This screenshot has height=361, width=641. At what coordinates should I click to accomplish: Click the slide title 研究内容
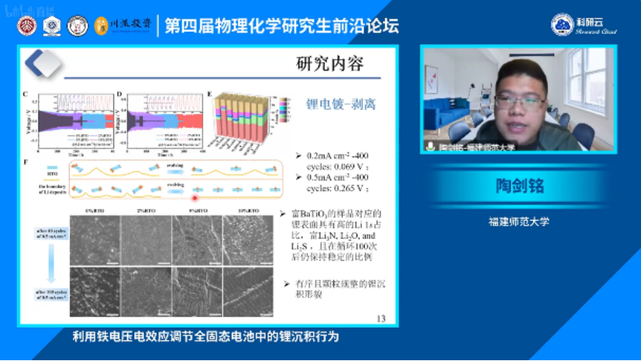(x=329, y=64)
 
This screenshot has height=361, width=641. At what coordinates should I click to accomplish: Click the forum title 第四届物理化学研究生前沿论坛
(x=282, y=26)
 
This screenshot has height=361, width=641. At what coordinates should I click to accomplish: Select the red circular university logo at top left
(x=27, y=26)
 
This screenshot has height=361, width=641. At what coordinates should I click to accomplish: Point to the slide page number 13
(x=380, y=318)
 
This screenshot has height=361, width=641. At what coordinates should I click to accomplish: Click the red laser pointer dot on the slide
(x=195, y=198)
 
